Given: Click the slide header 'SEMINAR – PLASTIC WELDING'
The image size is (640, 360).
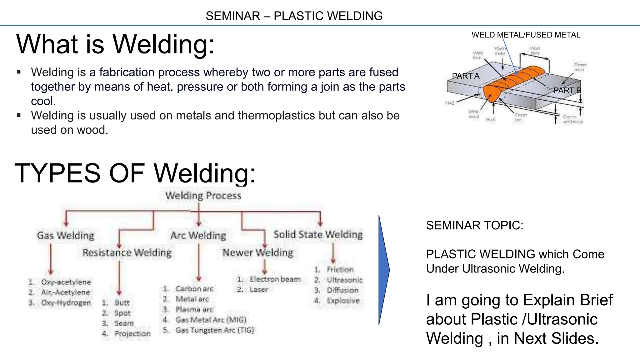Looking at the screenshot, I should coord(294,16).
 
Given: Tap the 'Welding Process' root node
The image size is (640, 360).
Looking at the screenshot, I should coord(203,196).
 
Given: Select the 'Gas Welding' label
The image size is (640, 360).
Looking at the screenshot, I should coord(65,235).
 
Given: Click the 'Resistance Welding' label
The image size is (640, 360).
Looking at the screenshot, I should coord(127,252).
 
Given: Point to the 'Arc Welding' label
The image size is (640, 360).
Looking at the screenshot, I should coord(198,235).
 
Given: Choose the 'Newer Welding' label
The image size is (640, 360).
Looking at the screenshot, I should coord(257,252).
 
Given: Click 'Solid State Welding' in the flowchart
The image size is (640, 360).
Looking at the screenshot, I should coord(318,234).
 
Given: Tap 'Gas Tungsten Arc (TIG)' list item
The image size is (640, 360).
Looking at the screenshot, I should coord(215,330).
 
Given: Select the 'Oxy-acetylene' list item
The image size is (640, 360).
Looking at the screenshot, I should coord(66,282).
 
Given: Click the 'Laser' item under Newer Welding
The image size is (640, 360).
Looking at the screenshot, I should coord(258,289).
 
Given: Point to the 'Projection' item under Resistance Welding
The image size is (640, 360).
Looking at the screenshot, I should coord(132,333).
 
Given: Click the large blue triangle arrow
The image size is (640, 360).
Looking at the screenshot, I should coord(383,270).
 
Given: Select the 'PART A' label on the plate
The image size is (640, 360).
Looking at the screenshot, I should coord(465,76).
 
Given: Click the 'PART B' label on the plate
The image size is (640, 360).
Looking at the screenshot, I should coord(567,91).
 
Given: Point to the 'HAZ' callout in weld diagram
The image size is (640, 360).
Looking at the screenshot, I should coord(450,103).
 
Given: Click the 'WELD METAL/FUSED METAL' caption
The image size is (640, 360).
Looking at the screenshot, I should coord(526,35).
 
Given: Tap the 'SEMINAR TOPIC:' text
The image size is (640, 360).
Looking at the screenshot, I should coord(474,225).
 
